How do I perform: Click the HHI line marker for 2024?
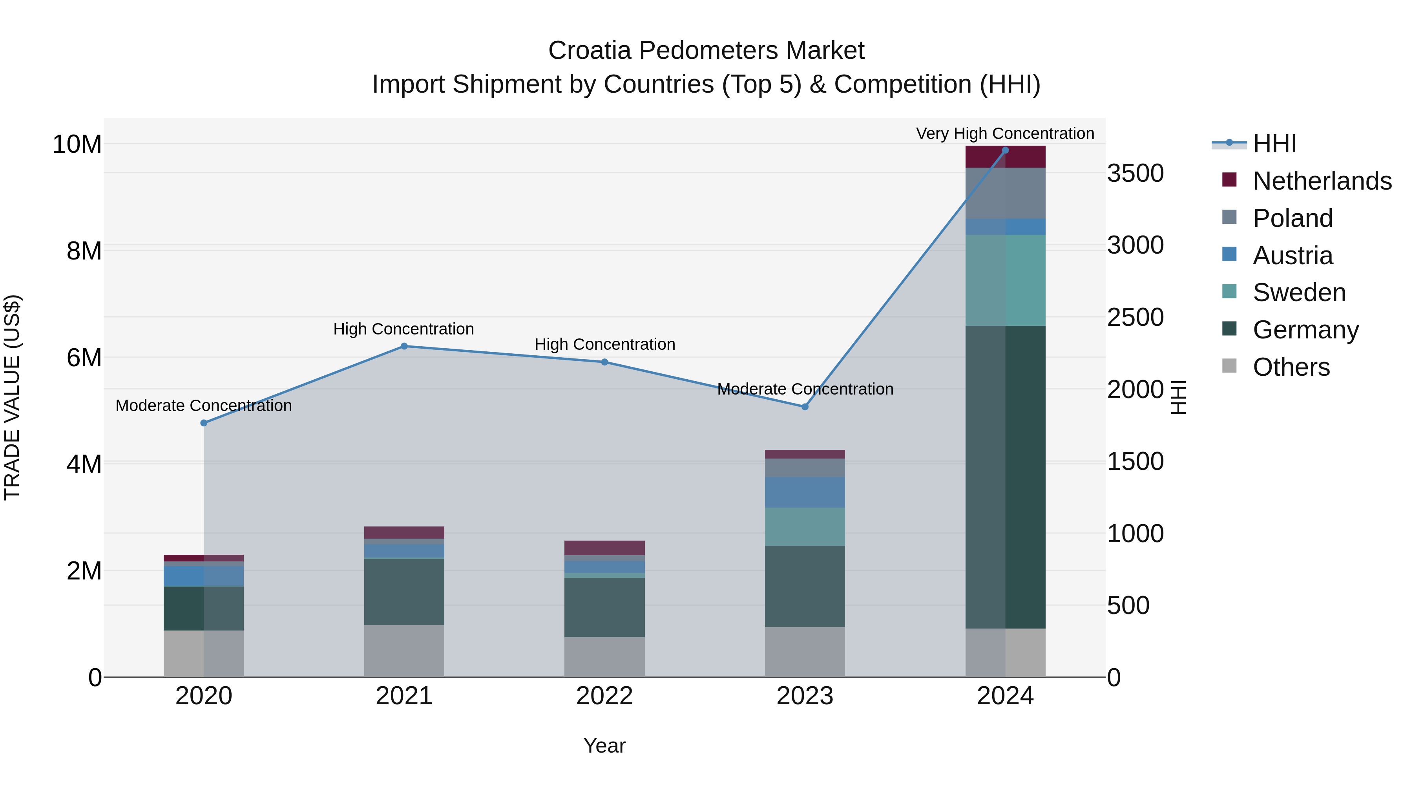click(x=1005, y=150)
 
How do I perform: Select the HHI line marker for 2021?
click(x=404, y=346)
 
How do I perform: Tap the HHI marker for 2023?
click(x=805, y=407)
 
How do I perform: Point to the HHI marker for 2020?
click(x=203, y=423)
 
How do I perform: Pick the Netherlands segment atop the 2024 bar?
click(x=1005, y=157)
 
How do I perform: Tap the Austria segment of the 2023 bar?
click(x=805, y=492)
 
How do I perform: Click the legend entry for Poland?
click(x=1293, y=218)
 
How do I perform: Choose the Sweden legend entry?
click(x=1299, y=292)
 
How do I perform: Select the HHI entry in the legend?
click(x=1274, y=144)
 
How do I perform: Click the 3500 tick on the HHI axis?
click(x=1135, y=174)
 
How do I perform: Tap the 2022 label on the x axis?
click(x=604, y=696)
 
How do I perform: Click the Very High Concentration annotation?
click(x=1005, y=133)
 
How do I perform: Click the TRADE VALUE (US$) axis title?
click(x=12, y=397)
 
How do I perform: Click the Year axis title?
click(x=604, y=746)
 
